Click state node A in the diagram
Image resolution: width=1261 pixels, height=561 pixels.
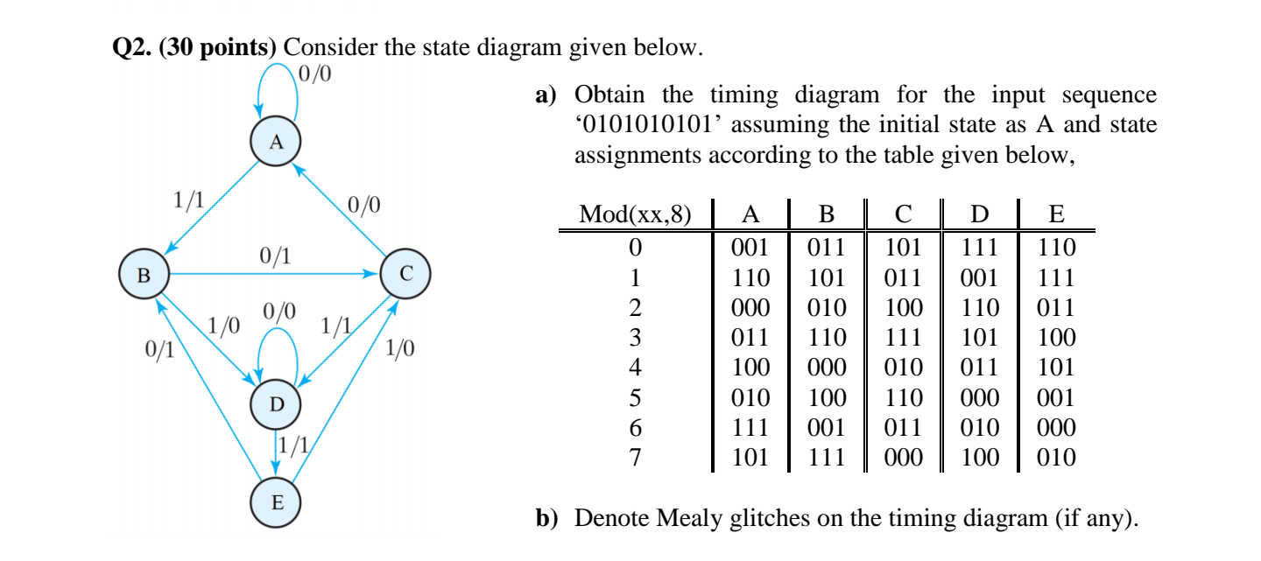click(276, 142)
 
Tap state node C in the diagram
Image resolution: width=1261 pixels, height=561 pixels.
click(405, 274)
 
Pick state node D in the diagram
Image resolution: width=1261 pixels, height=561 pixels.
click(277, 404)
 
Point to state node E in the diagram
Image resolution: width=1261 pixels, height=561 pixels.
click(277, 503)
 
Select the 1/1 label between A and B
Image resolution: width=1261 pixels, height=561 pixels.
click(188, 200)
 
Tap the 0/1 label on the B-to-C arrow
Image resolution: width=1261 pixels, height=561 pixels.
click(275, 256)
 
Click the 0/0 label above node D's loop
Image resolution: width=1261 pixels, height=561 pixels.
click(279, 312)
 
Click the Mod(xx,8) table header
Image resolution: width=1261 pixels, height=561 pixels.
click(635, 215)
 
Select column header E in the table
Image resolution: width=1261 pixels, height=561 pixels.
click(1055, 215)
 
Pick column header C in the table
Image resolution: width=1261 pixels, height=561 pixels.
click(905, 215)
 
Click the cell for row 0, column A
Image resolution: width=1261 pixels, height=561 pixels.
click(750, 248)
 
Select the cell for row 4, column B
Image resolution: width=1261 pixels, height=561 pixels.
click(827, 368)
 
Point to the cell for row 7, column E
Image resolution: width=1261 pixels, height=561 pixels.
click(1055, 457)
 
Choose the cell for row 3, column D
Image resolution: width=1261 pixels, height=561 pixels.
click(980, 338)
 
